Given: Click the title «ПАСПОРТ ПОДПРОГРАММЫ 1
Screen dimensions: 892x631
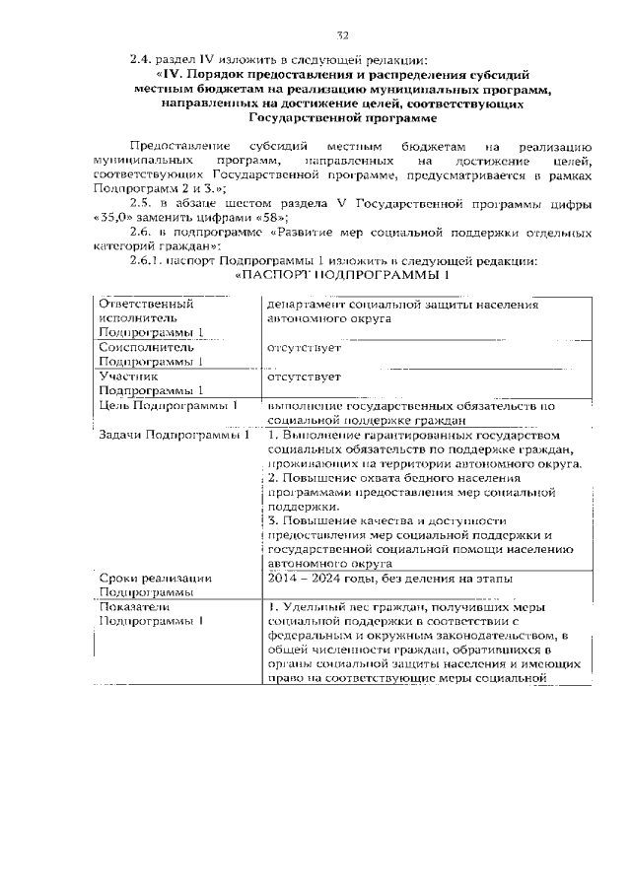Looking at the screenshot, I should point(343,275).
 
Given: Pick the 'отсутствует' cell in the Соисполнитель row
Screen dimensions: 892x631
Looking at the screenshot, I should point(304,348).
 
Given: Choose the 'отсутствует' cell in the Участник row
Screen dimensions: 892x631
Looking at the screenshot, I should point(304,377).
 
